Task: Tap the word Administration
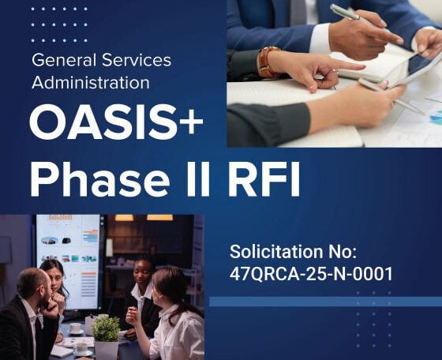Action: point(91,83)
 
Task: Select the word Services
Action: point(137,60)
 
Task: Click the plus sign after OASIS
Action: point(191,122)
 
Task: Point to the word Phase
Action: point(99,178)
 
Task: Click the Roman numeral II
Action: point(198,178)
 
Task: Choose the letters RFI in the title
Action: point(264,178)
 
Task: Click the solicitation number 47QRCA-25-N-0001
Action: point(311,274)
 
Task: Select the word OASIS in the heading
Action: point(103,122)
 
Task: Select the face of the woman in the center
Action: point(142,272)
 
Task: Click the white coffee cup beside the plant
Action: point(75,328)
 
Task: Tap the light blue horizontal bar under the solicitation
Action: point(325,302)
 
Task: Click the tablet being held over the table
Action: point(417,69)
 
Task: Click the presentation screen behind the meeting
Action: point(68,261)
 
